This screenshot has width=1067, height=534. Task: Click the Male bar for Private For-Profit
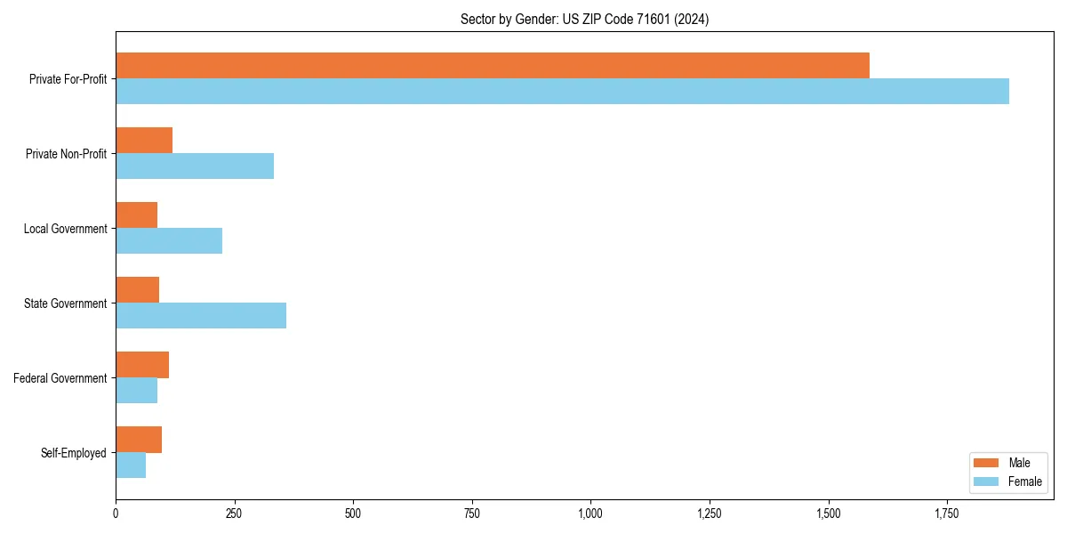point(492,66)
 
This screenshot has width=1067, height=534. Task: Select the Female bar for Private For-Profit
point(562,92)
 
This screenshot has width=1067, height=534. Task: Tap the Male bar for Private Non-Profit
point(144,141)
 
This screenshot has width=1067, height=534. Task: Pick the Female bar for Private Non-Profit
point(195,166)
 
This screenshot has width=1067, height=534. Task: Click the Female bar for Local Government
point(169,241)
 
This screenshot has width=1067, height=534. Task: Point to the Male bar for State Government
point(137,290)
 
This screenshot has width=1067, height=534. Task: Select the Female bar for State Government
point(201,316)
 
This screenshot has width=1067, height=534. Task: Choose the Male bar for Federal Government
point(142,365)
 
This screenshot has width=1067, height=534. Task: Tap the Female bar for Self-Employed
point(131,465)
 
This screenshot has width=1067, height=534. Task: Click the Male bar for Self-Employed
point(139,440)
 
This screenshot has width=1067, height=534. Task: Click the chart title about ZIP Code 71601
point(584,19)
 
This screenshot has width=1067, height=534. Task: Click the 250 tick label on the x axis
point(234,514)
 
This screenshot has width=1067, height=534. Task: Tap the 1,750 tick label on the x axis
point(947,514)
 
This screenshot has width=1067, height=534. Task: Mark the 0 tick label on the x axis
point(116,514)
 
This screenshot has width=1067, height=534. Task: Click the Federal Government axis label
point(60,378)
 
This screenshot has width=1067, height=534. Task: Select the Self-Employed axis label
point(74,453)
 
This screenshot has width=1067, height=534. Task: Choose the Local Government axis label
point(66,229)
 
